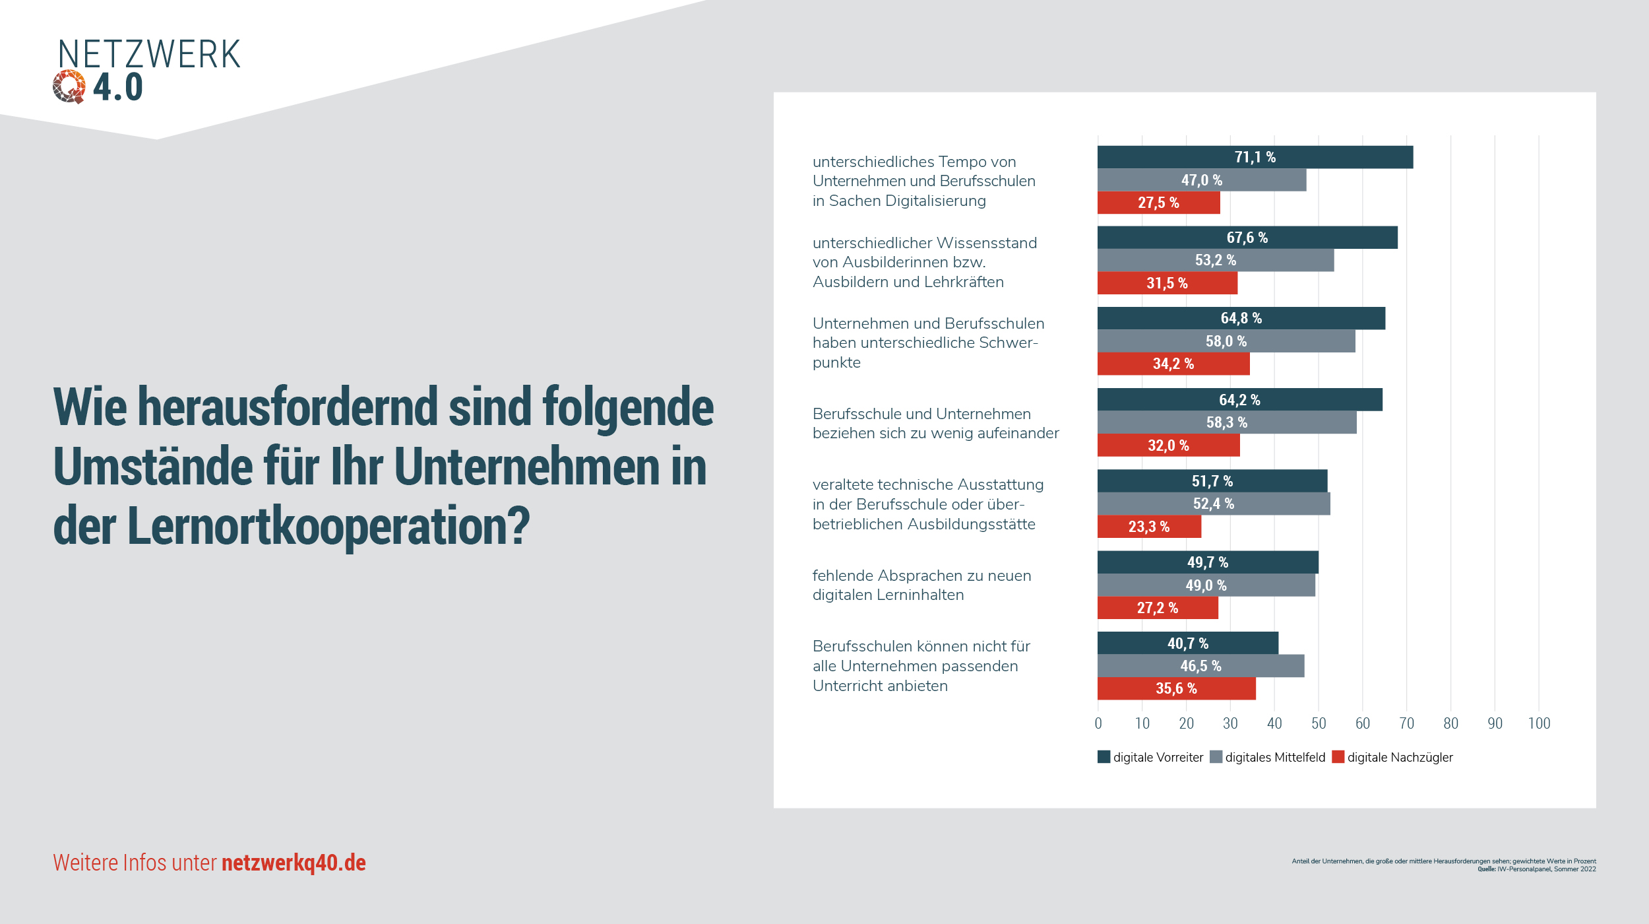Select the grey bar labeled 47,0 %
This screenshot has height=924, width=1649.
pyautogui.click(x=1201, y=180)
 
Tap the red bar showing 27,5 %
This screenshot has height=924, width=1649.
pyautogui.click(x=1158, y=203)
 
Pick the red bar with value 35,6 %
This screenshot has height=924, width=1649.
pyautogui.click(x=1176, y=688)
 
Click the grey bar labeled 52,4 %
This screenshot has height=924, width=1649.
pyautogui.click(x=1213, y=504)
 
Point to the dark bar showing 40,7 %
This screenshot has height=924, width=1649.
pyautogui.click(x=1187, y=643)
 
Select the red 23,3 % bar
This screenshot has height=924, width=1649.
pyautogui.click(x=1148, y=527)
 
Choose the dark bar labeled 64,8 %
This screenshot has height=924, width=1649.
pyautogui.click(x=1241, y=318)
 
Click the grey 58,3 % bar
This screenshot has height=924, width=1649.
pyautogui.click(x=1226, y=422)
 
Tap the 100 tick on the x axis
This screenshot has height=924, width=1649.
pyautogui.click(x=1539, y=723)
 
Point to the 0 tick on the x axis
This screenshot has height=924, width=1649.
pyautogui.click(x=1098, y=723)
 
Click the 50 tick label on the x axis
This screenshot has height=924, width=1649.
pyautogui.click(x=1319, y=723)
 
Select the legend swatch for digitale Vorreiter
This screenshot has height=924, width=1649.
pyautogui.click(x=1104, y=757)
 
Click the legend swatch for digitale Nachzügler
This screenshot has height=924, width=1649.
pyautogui.click(x=1338, y=757)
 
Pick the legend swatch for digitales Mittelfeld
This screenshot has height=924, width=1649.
pyautogui.click(x=1216, y=757)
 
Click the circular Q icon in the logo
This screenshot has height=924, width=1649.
pyautogui.click(x=69, y=86)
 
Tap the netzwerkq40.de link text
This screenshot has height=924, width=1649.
pyautogui.click(x=294, y=863)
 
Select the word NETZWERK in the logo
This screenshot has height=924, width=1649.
pyautogui.click(x=149, y=54)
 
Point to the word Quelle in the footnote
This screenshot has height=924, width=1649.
pyautogui.click(x=1486, y=869)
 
